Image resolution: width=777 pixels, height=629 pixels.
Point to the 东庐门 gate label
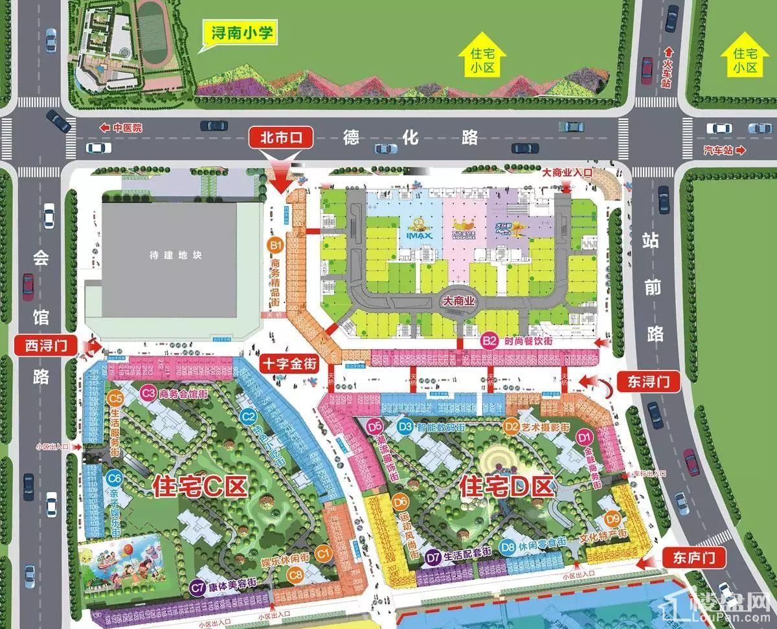694,556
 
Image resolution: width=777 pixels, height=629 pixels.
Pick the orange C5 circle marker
116,398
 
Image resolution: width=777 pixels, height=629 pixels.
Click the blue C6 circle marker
115,479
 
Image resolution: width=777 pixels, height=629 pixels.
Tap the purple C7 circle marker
198,587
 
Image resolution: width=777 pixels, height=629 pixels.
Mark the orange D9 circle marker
613,518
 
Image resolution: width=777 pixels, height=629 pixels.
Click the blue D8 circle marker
507,547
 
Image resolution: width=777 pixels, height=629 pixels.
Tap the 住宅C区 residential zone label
200,487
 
